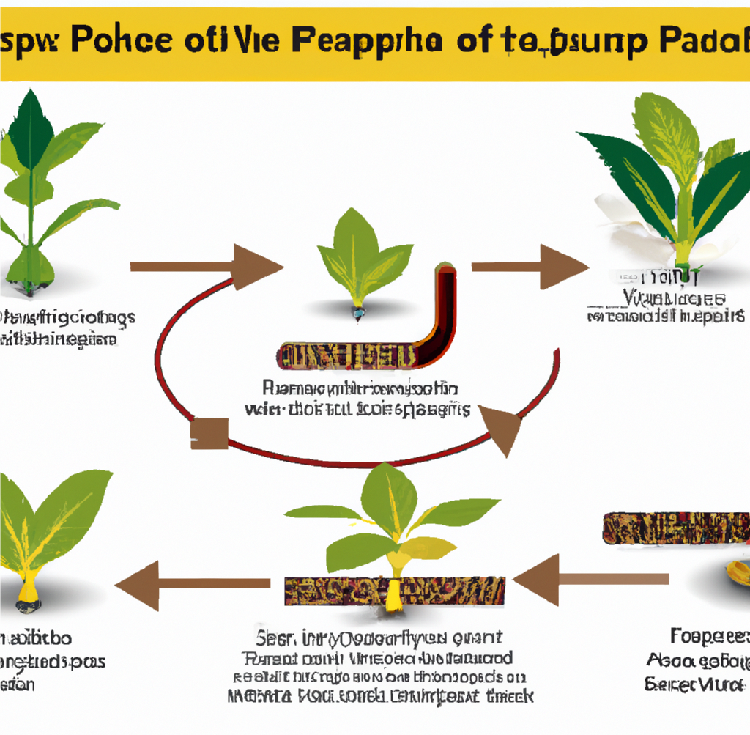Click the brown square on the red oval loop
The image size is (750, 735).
[x=209, y=433]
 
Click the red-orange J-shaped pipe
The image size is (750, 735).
[x=443, y=308]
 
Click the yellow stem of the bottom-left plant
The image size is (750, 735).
[x=27, y=586]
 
